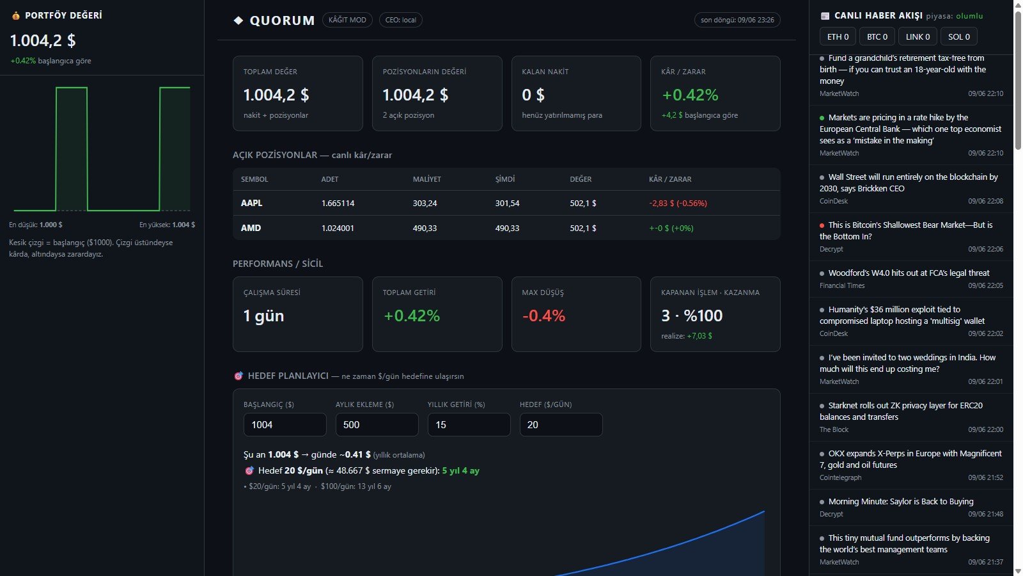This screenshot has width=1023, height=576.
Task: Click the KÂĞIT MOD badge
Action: [x=347, y=20]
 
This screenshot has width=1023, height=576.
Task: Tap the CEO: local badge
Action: [x=400, y=20]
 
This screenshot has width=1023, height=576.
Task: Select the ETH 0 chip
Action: [x=838, y=36]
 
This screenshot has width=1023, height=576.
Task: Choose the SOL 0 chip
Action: [x=958, y=36]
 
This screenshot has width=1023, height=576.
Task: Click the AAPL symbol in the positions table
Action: [x=252, y=203]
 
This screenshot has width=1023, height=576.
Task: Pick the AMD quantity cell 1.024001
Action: [x=338, y=228]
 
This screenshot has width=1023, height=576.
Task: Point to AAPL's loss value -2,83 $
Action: [x=662, y=203]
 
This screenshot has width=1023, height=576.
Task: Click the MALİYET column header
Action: [x=426, y=179]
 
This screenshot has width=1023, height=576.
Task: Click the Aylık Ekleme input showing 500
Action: [x=377, y=425]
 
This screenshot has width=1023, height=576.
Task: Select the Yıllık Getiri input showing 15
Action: [x=469, y=425]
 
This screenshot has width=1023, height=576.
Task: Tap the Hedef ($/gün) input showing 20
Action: [x=561, y=425]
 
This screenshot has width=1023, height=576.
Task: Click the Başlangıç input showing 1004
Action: [x=285, y=425]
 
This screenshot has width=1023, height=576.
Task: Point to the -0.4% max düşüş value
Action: [x=543, y=316]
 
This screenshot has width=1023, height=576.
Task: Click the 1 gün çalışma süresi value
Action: [x=263, y=316]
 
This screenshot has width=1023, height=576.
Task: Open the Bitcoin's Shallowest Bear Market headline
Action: [x=905, y=230]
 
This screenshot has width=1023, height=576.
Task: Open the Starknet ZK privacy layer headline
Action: [x=901, y=411]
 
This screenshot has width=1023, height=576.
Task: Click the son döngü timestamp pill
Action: [x=737, y=20]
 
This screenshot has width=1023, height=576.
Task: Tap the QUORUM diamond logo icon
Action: [x=238, y=20]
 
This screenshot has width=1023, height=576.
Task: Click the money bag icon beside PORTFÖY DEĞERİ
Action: [x=16, y=15]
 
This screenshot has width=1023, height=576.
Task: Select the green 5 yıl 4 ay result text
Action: [x=460, y=470]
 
